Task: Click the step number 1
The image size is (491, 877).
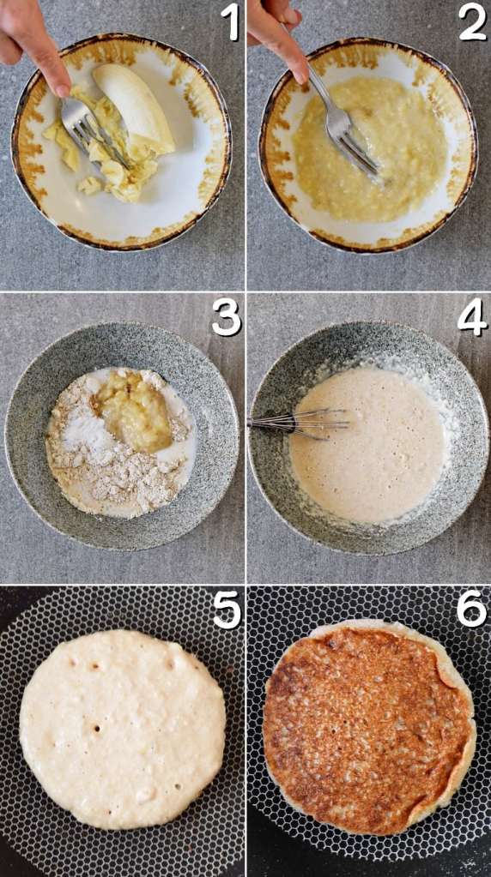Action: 230,21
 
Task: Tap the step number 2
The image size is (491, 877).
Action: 473,21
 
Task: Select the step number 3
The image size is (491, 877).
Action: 226,317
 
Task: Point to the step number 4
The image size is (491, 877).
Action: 472,317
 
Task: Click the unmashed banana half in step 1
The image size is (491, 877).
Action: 135,108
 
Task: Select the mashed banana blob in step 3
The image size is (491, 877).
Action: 135,411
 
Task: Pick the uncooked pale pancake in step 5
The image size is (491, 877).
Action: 122,728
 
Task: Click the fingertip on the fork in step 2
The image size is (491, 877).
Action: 298,72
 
